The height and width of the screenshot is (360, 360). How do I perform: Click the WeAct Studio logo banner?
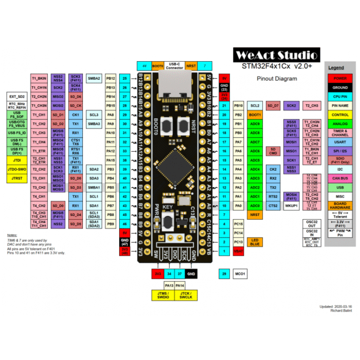[276, 55]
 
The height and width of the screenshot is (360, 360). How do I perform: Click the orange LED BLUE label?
[255, 242]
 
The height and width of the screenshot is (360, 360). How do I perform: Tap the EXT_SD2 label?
[16, 96]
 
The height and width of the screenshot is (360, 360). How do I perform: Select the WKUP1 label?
[292, 206]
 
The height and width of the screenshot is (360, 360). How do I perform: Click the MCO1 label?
[240, 274]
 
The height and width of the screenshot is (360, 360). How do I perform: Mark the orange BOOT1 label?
[255, 115]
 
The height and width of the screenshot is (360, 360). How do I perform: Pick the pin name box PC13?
[238, 242]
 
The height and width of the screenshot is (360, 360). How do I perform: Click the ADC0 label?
[255, 206]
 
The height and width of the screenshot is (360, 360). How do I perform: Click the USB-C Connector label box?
[174, 66]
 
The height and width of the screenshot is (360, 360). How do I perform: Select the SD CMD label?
[273, 151]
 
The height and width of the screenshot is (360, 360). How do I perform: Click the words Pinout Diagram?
[277, 79]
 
